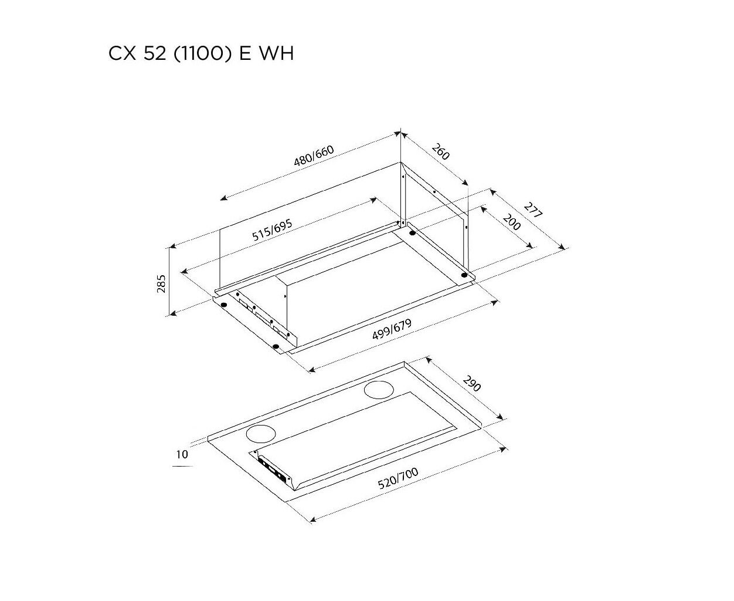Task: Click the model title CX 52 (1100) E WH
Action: pos(201,53)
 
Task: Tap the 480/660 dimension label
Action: pos(314,156)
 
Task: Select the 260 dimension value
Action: pos(441,152)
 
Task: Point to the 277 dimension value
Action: pos(533,211)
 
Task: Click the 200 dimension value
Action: pos(512,222)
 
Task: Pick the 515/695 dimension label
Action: pos(272,230)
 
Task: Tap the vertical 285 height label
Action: pos(161,283)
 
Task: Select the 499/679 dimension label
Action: pos(392,329)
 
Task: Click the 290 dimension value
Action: pos(472,383)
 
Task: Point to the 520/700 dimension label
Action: pos(398,478)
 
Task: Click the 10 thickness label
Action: pos(182,454)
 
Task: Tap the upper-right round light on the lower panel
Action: pos(379,390)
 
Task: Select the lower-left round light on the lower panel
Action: pos(261,434)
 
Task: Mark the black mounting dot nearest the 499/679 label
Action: pos(276,346)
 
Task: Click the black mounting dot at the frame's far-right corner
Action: pos(464,275)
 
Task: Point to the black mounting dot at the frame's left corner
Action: pos(224,305)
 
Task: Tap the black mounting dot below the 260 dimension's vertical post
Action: pos(412,233)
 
